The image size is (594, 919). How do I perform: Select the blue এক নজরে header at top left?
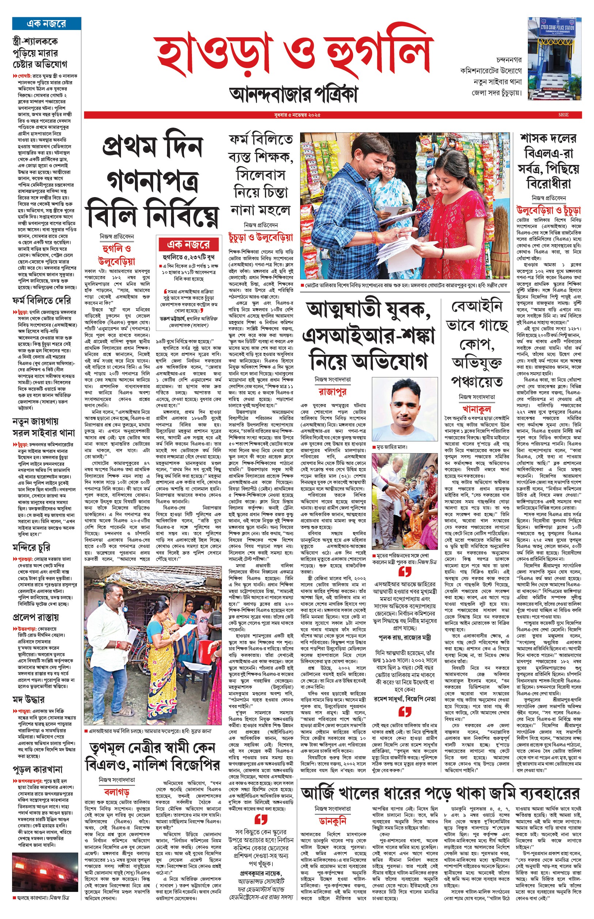(46, 23)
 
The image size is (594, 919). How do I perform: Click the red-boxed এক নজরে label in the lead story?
(189, 244)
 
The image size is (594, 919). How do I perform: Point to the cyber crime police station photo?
(555, 58)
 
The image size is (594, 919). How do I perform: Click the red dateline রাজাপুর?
(332, 392)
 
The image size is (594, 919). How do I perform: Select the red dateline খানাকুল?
(477, 409)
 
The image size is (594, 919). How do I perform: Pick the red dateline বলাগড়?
(117, 792)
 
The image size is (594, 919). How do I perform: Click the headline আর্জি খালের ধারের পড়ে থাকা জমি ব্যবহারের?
(440, 793)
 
